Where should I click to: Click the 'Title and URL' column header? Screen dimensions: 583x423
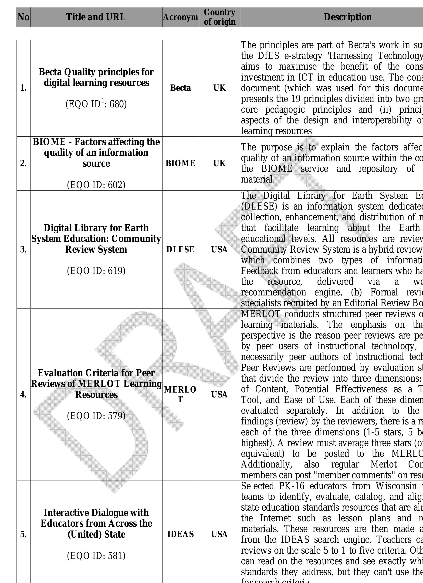click(x=96, y=17)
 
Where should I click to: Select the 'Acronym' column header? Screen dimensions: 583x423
click(x=180, y=17)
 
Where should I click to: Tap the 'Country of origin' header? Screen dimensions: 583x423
click(x=220, y=17)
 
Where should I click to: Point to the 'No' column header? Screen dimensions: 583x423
click(x=23, y=17)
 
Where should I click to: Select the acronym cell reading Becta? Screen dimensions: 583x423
click(x=180, y=88)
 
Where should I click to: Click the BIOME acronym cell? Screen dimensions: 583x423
click(x=180, y=163)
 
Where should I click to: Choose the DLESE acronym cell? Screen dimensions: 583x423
click(x=180, y=249)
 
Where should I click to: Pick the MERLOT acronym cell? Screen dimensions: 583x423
click(x=180, y=394)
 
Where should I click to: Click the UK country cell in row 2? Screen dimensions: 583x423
click(x=220, y=163)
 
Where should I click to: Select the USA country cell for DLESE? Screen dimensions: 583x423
click(x=220, y=249)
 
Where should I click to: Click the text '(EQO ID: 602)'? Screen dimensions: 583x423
click(x=96, y=185)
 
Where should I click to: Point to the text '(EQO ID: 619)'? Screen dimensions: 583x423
click(x=96, y=271)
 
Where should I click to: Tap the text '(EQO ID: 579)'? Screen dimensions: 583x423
click(x=96, y=416)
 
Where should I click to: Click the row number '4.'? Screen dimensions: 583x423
click(x=23, y=394)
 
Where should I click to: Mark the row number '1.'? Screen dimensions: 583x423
click(x=23, y=88)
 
